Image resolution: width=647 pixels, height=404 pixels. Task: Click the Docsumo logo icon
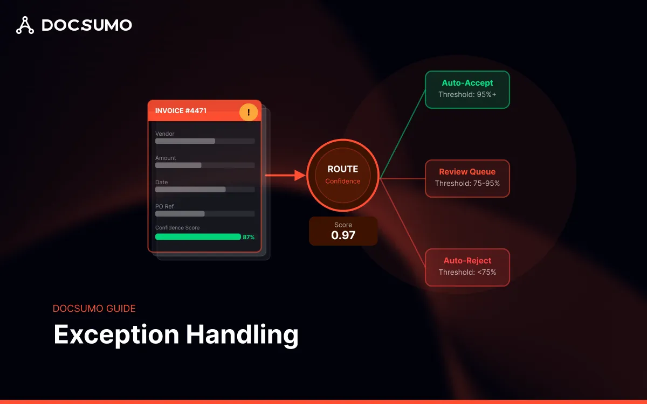25,25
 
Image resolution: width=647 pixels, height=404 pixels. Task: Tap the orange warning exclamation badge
249,113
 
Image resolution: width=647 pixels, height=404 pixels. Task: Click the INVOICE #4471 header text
181,111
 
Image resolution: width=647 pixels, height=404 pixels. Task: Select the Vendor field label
165,134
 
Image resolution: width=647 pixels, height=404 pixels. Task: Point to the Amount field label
166,158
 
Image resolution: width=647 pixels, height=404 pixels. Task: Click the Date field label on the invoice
162,182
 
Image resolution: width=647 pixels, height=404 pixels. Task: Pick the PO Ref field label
164,206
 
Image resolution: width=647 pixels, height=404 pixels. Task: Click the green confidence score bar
198,236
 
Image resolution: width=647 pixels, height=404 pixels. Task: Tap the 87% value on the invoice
249,237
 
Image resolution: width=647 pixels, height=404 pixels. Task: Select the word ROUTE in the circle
343,169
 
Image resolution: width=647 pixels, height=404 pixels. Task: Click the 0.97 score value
343,235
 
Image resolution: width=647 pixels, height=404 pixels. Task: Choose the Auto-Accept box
467,89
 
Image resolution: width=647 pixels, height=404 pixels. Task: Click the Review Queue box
467,178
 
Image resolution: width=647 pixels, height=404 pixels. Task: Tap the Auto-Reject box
467,267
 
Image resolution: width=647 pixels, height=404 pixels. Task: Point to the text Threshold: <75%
467,273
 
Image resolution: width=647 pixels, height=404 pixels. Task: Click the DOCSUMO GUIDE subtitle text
94,309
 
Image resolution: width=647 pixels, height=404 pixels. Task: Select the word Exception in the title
116,335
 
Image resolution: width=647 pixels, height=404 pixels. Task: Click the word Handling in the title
242,335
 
